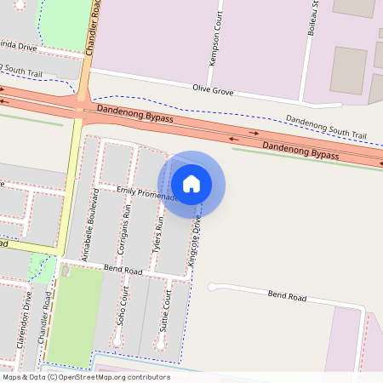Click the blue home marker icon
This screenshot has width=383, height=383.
pyautogui.click(x=191, y=184)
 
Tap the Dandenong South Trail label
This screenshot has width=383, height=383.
pyautogui.click(x=326, y=128)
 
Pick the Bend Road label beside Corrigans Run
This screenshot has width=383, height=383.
pyautogui.click(x=123, y=268)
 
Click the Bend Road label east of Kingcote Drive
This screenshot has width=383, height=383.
pyautogui.click(x=286, y=296)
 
